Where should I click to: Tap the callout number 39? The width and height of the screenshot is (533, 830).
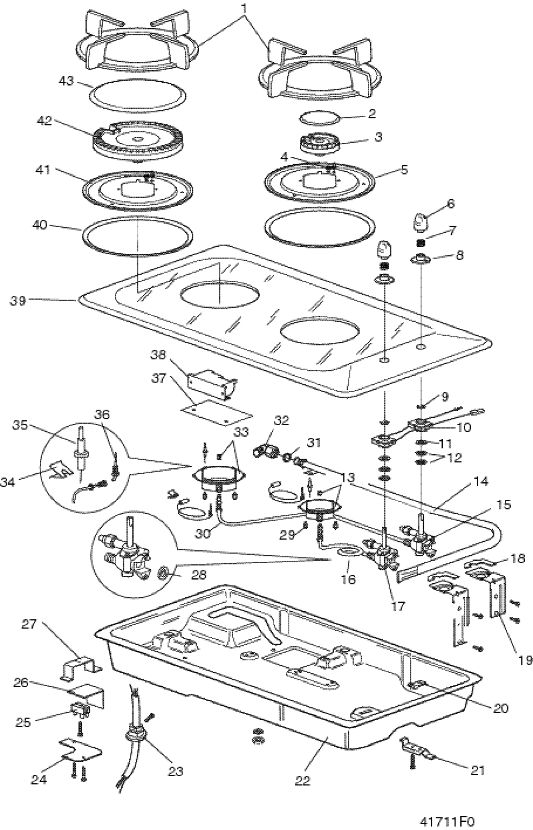18,300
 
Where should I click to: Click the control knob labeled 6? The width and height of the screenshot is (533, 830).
420,221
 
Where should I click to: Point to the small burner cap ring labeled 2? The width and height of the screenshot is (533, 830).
319,117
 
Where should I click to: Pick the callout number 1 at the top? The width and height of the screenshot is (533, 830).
244,9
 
